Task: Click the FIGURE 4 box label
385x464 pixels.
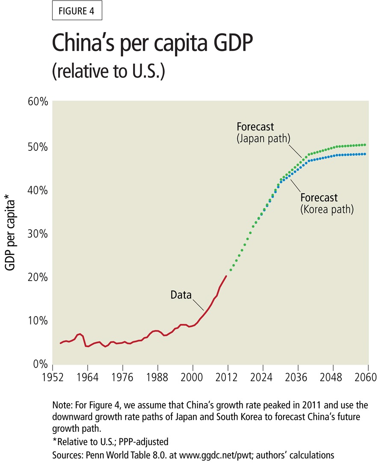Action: tap(77, 12)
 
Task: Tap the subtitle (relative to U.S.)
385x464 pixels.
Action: tap(108, 71)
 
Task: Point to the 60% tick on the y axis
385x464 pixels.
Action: tap(37, 102)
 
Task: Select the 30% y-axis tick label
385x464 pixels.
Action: tap(37, 233)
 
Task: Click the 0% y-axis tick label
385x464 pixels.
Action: tap(40, 364)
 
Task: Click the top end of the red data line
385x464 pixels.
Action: tap(226, 276)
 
